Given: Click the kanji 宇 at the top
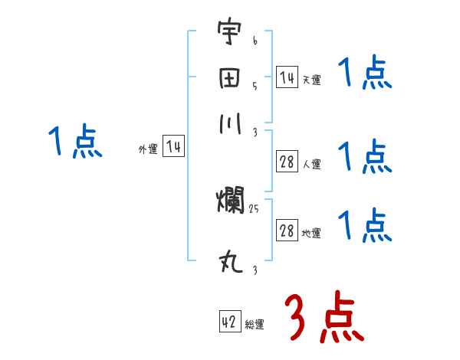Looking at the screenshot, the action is [228, 34].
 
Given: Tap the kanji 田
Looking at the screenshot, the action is [228, 79].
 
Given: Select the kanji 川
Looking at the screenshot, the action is [228, 125].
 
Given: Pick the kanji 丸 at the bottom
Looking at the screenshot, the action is [229, 263].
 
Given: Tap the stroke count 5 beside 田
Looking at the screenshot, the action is [255, 86].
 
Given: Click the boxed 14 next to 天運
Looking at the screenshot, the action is [287, 77].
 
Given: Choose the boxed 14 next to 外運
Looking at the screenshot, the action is [174, 146].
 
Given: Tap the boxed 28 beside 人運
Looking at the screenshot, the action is [287, 162].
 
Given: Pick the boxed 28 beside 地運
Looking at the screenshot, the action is [287, 231].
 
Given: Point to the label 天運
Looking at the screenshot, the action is [311, 80].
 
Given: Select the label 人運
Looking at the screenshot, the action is [311, 164].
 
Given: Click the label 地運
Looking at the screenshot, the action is [311, 233].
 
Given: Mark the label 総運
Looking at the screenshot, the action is [255, 325].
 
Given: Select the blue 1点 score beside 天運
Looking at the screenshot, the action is [365, 75].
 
